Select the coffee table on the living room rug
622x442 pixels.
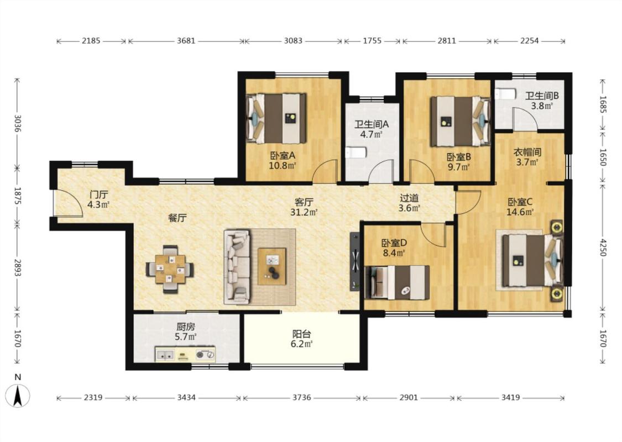(272, 266)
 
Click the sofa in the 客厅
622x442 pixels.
(237, 267)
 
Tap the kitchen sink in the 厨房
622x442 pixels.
(165, 355)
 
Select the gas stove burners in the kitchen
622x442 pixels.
(205, 355)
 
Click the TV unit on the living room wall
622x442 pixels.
(355, 262)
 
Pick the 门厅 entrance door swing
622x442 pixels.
(68, 203)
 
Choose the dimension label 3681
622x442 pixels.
(186, 41)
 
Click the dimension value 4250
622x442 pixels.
(603, 247)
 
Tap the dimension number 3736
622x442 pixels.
(301, 398)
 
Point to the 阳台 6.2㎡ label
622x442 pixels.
(301, 339)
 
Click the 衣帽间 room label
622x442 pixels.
(527, 152)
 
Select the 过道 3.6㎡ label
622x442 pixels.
(409, 203)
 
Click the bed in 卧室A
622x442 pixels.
(277, 119)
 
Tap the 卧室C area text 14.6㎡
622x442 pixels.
(520, 212)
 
